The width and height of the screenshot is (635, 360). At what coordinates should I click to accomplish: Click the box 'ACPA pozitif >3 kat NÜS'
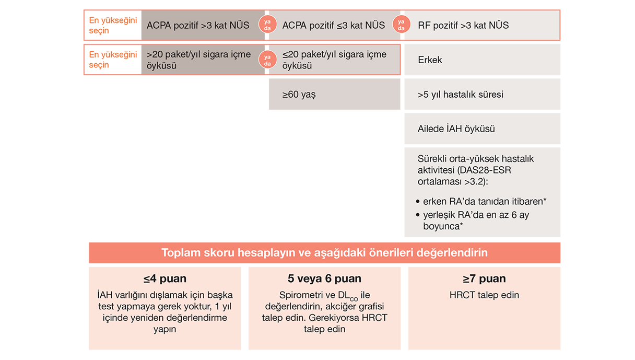(x=198, y=25)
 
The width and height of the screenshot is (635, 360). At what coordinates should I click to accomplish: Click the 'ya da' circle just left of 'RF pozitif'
(x=402, y=25)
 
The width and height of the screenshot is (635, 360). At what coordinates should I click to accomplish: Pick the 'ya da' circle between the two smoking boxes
(x=267, y=60)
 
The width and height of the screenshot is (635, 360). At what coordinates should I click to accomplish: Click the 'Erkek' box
(x=481, y=60)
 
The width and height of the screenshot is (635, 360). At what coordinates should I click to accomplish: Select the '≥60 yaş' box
(x=334, y=95)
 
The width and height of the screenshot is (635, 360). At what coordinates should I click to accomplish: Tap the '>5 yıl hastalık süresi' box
(x=481, y=95)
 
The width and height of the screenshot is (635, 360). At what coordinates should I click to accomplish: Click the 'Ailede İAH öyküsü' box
(x=481, y=129)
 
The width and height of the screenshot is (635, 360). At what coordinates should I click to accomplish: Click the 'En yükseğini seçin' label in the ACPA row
(x=113, y=25)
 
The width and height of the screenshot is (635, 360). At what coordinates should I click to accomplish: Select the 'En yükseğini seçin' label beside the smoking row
(x=113, y=60)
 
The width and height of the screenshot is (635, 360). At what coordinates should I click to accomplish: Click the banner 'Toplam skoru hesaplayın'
(x=324, y=253)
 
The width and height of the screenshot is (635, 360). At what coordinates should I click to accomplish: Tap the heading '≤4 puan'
(x=165, y=278)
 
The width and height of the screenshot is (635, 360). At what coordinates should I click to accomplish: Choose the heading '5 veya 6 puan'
(x=324, y=278)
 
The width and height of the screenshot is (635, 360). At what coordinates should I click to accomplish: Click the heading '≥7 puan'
(x=484, y=278)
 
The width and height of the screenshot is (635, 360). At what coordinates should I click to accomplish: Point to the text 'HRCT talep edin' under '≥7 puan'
(x=484, y=295)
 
